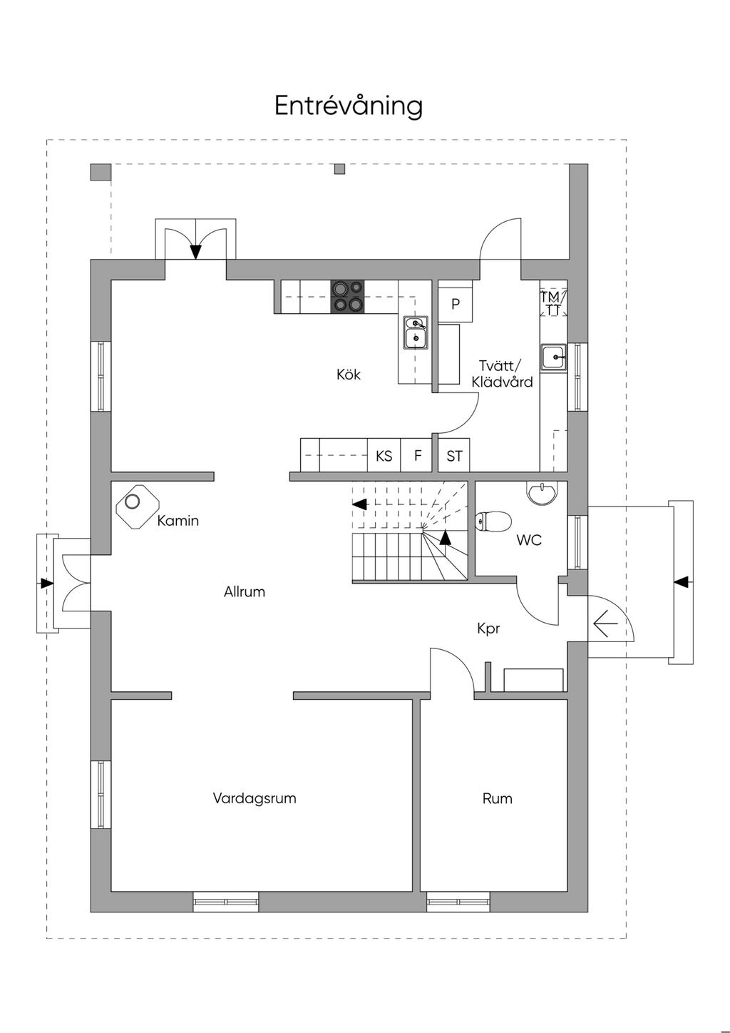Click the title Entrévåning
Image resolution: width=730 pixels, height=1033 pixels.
coord(349,106)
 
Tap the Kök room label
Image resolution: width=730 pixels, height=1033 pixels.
coord(349,374)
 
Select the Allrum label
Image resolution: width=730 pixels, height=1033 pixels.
coord(245,591)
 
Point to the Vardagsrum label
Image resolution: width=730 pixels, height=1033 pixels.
coord(255,798)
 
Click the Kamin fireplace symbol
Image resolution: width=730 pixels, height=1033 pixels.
coord(138,507)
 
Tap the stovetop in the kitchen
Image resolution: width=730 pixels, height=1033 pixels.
coord(347,297)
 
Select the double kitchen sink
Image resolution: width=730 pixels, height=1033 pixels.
coord(416,332)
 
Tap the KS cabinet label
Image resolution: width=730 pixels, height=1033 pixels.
coord(384,456)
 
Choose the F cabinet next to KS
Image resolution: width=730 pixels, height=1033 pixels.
coord(418,455)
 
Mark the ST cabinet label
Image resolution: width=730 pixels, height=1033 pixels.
coord(454,456)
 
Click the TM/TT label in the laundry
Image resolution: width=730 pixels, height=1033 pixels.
coord(553,303)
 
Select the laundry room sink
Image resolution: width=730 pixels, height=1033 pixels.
coord(553,357)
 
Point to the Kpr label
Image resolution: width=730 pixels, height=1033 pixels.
coord(488,629)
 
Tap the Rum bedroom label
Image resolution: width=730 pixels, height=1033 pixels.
coord(498,798)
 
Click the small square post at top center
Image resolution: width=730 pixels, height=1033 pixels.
coord(339,169)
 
